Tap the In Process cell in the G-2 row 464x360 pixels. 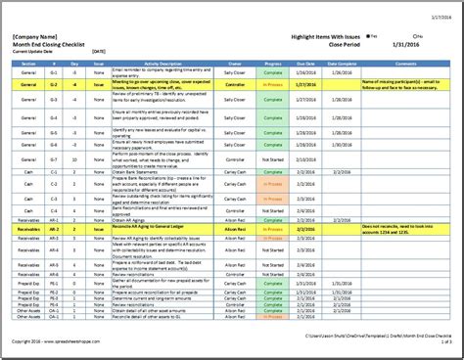[273, 86]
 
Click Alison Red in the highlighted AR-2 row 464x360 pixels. [235, 228]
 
